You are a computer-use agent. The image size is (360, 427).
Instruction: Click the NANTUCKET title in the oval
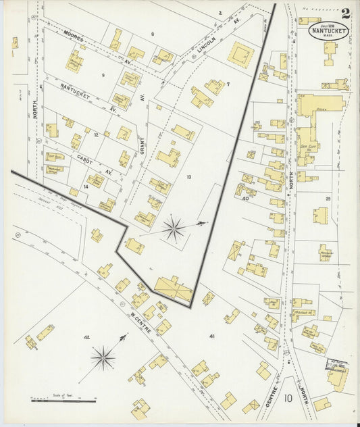(x=329, y=31)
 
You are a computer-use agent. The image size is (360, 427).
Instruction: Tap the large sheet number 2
(x=346, y=14)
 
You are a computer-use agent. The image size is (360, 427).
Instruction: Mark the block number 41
(x=211, y=336)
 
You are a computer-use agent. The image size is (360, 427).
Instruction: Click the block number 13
(x=189, y=177)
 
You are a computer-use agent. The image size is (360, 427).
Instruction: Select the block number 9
(x=103, y=74)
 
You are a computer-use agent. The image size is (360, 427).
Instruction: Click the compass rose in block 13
(x=174, y=229)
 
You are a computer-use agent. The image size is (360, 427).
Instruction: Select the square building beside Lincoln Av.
(x=240, y=55)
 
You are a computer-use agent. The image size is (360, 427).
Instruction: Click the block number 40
(x=245, y=199)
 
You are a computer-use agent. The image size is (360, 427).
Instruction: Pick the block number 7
(x=228, y=84)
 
